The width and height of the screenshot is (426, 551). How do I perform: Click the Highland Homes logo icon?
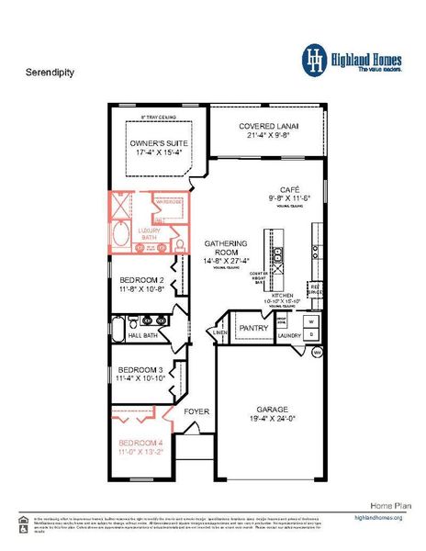pos(316,59)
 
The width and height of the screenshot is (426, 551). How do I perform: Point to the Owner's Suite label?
pos(155,144)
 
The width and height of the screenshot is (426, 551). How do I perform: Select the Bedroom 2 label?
pos(140,281)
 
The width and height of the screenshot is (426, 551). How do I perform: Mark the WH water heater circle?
pos(317,353)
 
